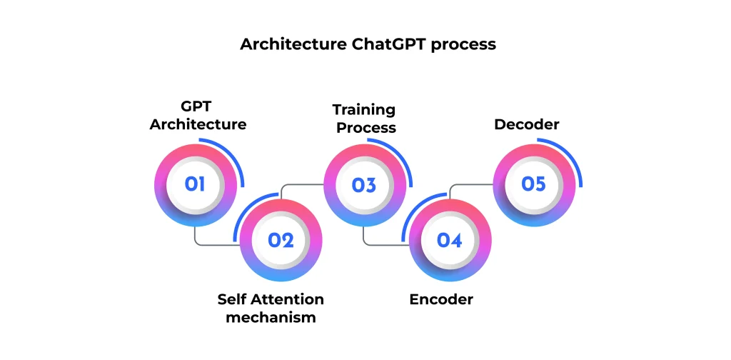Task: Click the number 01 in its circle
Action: [x=195, y=184]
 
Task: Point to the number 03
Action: [x=364, y=185]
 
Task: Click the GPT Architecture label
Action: [x=198, y=116]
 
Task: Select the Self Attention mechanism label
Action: [x=271, y=308]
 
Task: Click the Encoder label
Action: [x=441, y=299]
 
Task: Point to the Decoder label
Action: [x=527, y=125]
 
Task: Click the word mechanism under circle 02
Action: [x=271, y=317]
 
